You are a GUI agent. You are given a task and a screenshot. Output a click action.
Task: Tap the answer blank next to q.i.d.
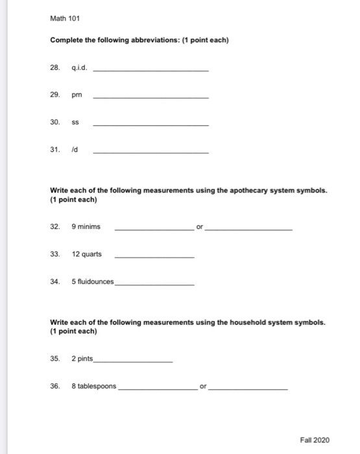click(x=151, y=69)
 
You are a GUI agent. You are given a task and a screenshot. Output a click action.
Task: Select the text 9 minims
click(x=86, y=227)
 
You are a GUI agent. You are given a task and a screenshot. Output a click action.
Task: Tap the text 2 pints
click(x=82, y=359)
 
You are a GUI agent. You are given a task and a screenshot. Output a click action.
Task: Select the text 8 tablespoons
click(x=94, y=386)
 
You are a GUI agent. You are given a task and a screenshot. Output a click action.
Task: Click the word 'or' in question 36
click(x=204, y=386)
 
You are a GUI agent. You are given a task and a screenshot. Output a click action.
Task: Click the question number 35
click(x=55, y=359)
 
